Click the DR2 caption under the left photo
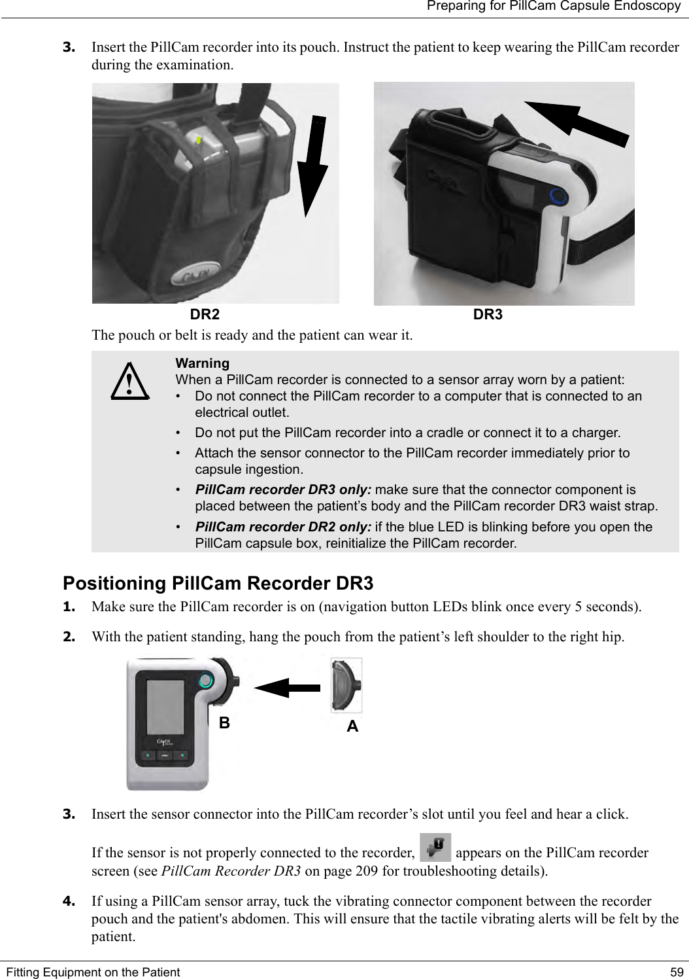click(x=205, y=315)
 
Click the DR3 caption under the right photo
click(x=488, y=315)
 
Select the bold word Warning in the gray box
click(x=202, y=363)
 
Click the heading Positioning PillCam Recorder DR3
click(x=218, y=583)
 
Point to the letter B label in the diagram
click(x=224, y=723)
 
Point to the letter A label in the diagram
click(x=352, y=726)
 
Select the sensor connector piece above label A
click(x=346, y=685)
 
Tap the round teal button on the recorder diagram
click(x=205, y=680)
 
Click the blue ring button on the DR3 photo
click(x=557, y=196)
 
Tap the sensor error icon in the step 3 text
click(x=434, y=847)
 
